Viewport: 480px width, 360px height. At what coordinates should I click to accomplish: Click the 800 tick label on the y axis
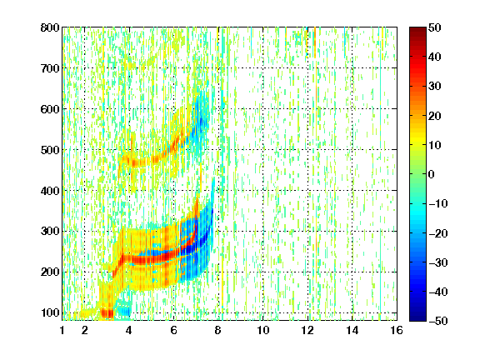tap(50, 27)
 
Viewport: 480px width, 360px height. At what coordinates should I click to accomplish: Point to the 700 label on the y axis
tap(50, 68)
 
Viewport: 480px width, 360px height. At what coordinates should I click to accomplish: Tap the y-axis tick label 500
tap(50, 150)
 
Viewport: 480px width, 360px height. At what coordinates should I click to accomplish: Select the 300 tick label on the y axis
tap(50, 232)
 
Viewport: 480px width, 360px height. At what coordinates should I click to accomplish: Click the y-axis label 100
tap(50, 312)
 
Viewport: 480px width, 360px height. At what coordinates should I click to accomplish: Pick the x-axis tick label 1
tap(62, 330)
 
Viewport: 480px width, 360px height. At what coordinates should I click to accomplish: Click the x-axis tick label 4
tap(129, 330)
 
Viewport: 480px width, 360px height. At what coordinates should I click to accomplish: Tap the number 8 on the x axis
tap(218, 330)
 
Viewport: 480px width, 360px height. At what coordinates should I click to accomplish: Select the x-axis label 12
tap(307, 330)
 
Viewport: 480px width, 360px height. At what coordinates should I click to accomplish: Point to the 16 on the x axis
tap(397, 330)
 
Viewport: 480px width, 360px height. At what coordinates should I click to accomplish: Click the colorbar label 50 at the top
tap(435, 27)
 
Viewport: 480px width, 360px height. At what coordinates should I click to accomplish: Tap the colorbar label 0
tap(431, 174)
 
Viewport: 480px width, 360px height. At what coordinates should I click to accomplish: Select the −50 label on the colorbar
tap(438, 321)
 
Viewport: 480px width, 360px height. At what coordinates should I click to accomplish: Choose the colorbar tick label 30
tap(435, 87)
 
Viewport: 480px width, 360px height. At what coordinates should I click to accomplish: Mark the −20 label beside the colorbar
tap(438, 233)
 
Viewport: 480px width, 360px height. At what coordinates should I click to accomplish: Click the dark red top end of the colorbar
tap(417, 29)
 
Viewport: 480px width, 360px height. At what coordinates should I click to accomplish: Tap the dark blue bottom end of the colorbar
tap(417, 319)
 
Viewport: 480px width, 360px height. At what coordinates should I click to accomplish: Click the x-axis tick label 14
tap(352, 330)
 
